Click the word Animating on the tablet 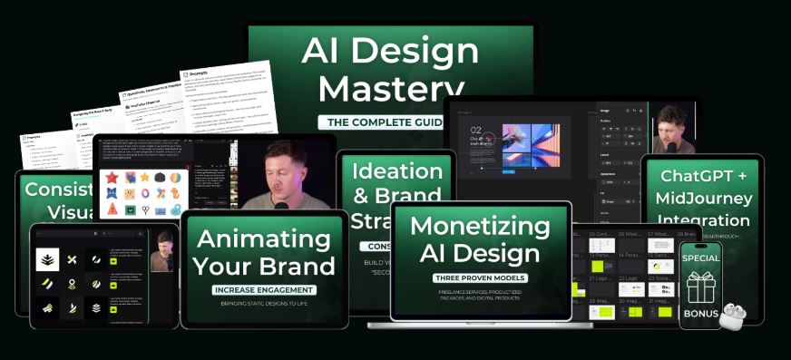pyautogui.click(x=262, y=239)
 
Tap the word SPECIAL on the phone pyautogui.click(x=700, y=258)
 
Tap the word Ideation pyautogui.click(x=396, y=171)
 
